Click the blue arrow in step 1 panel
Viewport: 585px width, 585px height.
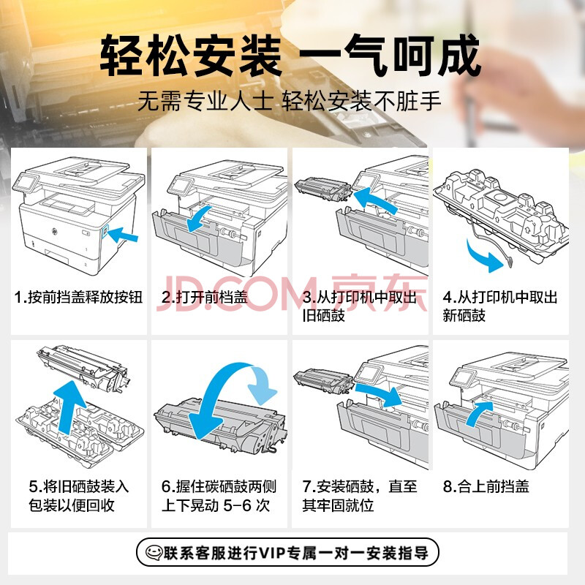pos(123,234)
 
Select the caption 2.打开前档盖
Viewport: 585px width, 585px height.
pos(205,298)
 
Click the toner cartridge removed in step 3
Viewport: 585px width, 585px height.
pos(323,189)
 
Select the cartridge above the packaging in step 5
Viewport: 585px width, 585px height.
pos(83,368)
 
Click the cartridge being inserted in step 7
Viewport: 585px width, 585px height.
pos(323,380)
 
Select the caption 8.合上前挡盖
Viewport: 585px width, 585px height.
pos(486,486)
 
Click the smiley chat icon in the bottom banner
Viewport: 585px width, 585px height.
pos(154,553)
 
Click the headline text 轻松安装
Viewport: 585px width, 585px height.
pos(191,56)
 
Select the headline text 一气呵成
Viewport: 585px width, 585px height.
pos(389,56)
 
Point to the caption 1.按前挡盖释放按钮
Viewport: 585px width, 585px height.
pos(78,298)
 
